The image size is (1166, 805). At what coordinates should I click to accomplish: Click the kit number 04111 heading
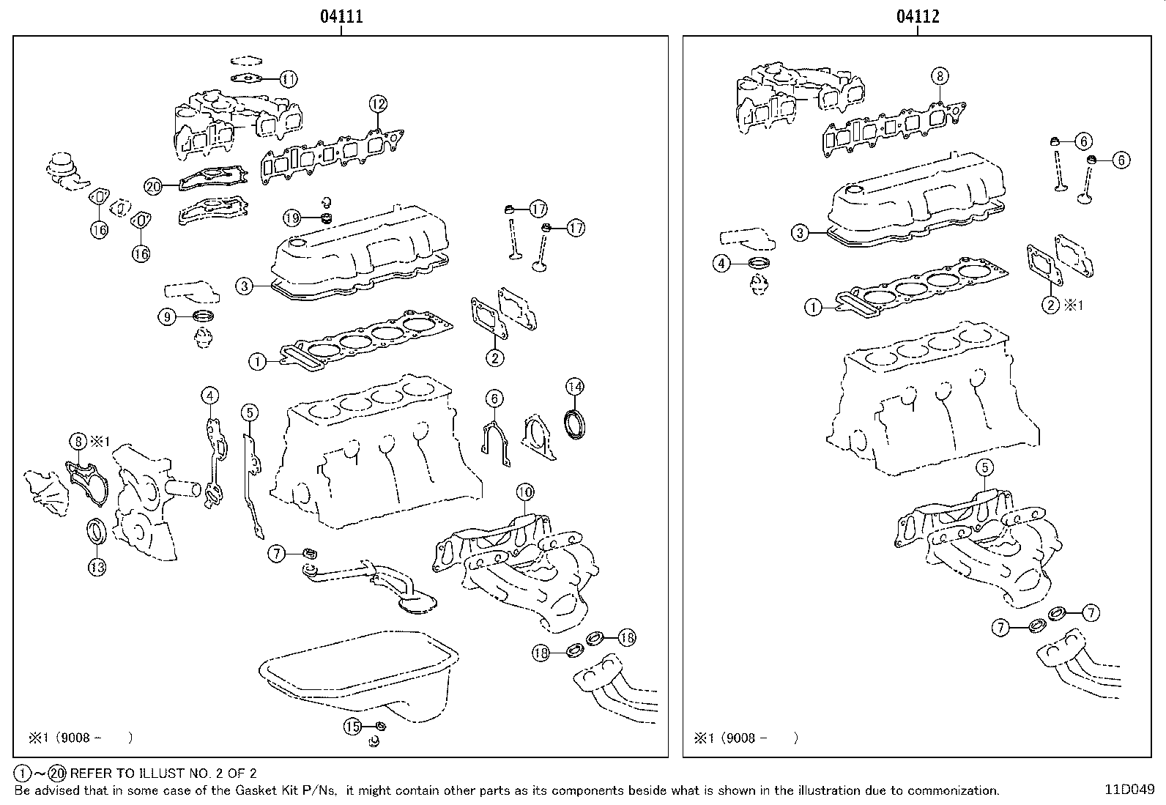[x=341, y=16]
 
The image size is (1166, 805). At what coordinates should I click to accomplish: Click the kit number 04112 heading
[x=918, y=16]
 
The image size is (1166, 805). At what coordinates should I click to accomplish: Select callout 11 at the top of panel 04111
[x=289, y=78]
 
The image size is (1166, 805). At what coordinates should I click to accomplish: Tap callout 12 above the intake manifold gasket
[x=377, y=104]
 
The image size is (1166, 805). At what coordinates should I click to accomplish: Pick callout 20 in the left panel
[x=152, y=187]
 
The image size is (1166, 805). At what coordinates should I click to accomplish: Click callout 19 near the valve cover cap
[x=292, y=218]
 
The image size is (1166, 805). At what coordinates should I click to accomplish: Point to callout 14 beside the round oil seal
[x=575, y=386]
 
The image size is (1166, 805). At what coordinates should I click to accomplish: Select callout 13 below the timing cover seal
[x=97, y=566]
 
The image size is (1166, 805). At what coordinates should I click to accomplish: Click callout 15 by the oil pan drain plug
[x=353, y=727]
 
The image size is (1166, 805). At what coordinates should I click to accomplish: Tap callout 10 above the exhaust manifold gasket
[x=525, y=491]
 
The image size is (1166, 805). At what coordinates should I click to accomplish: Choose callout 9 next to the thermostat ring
[x=168, y=316]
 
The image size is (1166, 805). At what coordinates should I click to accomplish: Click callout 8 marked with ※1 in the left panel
[x=78, y=441]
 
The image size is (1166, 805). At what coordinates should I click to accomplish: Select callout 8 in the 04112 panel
[x=940, y=75]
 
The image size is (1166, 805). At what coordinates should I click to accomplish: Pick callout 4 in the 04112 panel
[x=722, y=263]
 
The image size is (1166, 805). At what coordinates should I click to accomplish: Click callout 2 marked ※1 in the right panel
[x=1051, y=305]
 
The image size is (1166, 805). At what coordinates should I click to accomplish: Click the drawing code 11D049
[x=1129, y=790]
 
